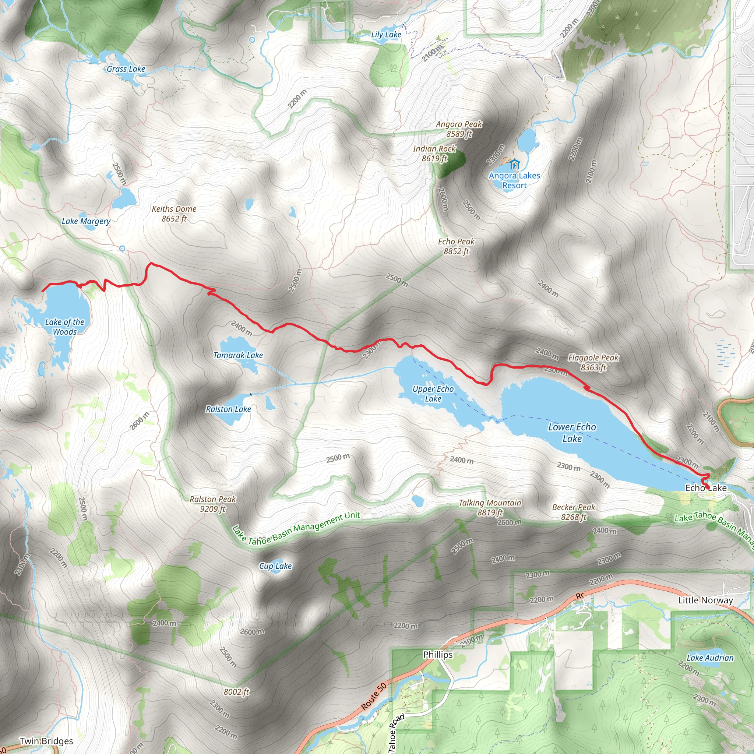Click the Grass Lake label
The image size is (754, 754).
[x=126, y=69]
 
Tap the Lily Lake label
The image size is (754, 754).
[x=386, y=35]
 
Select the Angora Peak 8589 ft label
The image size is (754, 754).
[x=459, y=129]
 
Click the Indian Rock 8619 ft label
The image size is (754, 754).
[x=434, y=154]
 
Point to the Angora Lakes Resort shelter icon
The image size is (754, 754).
[x=514, y=164]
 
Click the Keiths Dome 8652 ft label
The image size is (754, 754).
[x=174, y=214]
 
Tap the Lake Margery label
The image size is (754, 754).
[x=86, y=221]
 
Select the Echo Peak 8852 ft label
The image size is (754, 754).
[x=456, y=246]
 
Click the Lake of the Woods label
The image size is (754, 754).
[x=65, y=327]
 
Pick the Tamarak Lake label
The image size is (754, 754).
[x=238, y=355]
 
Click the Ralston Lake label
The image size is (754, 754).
[x=228, y=409]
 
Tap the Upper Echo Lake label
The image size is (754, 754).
[x=433, y=394]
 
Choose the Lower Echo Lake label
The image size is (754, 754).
[x=572, y=433]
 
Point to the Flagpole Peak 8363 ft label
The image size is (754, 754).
[x=593, y=362]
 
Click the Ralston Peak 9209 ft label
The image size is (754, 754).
[x=213, y=504]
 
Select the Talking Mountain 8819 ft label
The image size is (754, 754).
[x=490, y=507]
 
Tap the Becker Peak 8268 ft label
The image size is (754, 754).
[x=573, y=512]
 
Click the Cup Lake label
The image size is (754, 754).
[x=275, y=566]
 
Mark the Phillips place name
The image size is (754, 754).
[x=437, y=655]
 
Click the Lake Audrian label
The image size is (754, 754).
[x=709, y=658]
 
